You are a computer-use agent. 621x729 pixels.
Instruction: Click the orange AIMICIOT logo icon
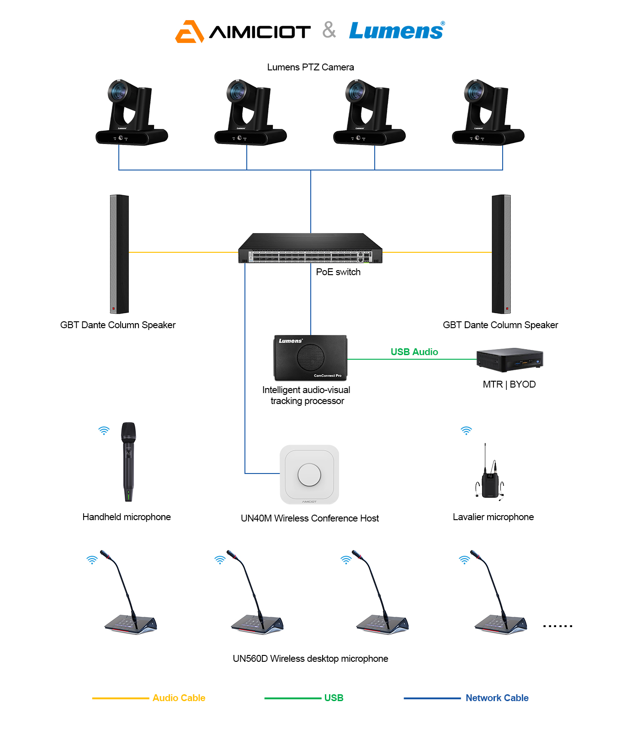[189, 32]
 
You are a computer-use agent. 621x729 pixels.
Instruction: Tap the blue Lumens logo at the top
[396, 31]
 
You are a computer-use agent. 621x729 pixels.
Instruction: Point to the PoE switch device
[310, 249]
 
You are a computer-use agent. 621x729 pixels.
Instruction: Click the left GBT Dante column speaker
[119, 254]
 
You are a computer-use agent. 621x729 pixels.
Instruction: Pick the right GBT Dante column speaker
[501, 254]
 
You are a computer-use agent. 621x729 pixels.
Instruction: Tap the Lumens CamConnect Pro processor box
[310, 358]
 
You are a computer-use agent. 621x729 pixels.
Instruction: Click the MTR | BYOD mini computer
[509, 360]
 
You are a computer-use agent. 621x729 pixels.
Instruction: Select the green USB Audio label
[414, 352]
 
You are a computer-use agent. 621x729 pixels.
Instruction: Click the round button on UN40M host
[309, 474]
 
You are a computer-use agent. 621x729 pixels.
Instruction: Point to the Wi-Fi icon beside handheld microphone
[104, 431]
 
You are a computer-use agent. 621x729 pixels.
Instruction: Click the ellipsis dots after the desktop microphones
[557, 626]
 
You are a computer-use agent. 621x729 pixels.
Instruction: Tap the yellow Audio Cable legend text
[179, 698]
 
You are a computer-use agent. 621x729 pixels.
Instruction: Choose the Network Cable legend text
[497, 698]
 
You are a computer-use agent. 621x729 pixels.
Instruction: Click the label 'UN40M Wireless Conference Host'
[310, 518]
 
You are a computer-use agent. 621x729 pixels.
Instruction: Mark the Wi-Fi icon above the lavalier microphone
[466, 431]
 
